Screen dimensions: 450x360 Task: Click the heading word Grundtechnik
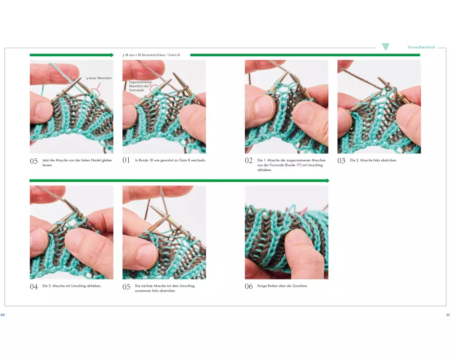click(421, 47)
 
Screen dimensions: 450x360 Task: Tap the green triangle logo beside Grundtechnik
click(386, 46)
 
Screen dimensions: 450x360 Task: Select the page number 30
click(2, 315)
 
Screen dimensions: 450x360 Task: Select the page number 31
click(448, 315)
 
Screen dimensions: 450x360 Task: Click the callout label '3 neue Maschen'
click(99, 78)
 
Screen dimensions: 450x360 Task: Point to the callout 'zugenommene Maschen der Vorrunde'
click(140, 86)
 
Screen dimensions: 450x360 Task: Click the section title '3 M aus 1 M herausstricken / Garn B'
click(151, 55)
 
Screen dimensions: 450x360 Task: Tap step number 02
click(248, 161)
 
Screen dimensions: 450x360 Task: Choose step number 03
click(341, 161)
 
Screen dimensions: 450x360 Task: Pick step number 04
click(34, 287)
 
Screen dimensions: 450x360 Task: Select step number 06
click(248, 286)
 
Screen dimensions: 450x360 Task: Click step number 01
click(126, 160)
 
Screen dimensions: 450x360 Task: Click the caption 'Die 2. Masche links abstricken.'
click(373, 160)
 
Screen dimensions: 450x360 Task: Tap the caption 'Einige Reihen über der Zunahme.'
click(283, 286)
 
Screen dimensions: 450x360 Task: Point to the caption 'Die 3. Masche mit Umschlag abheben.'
click(72, 286)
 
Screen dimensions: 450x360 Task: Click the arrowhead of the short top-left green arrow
click(112, 55)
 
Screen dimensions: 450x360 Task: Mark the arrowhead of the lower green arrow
click(328, 180)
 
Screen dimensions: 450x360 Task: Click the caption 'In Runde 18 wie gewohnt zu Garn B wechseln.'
click(171, 160)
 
